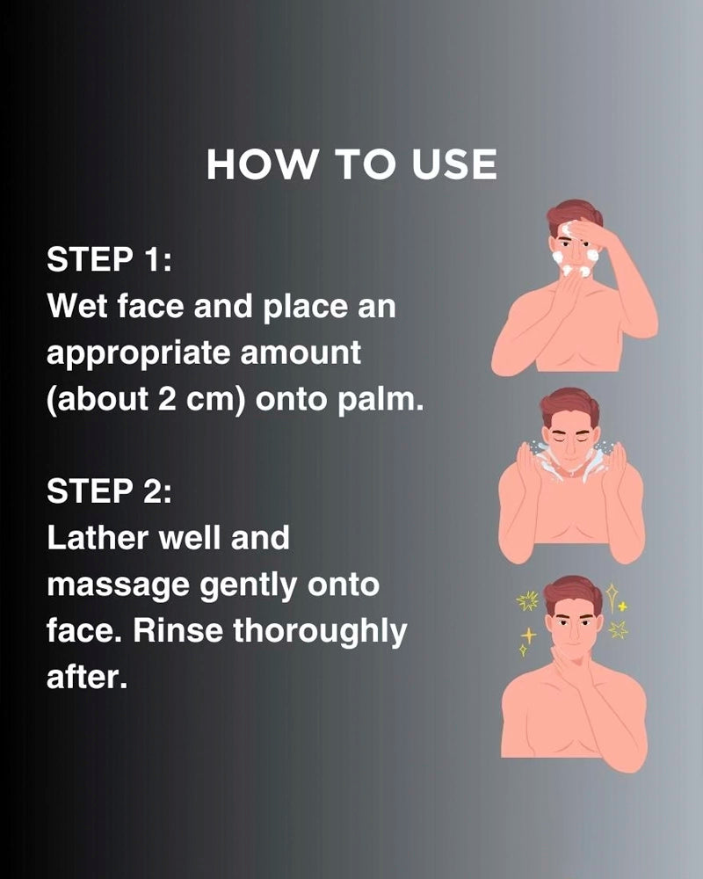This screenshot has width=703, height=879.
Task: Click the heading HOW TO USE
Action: [351, 165]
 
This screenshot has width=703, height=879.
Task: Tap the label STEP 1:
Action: [109, 259]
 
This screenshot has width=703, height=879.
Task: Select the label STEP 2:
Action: [109, 490]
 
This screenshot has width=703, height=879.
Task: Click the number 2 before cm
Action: [167, 399]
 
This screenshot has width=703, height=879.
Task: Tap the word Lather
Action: [98, 538]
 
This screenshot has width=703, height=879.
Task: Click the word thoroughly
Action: [320, 632]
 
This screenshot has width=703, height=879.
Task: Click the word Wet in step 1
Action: [76, 307]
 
